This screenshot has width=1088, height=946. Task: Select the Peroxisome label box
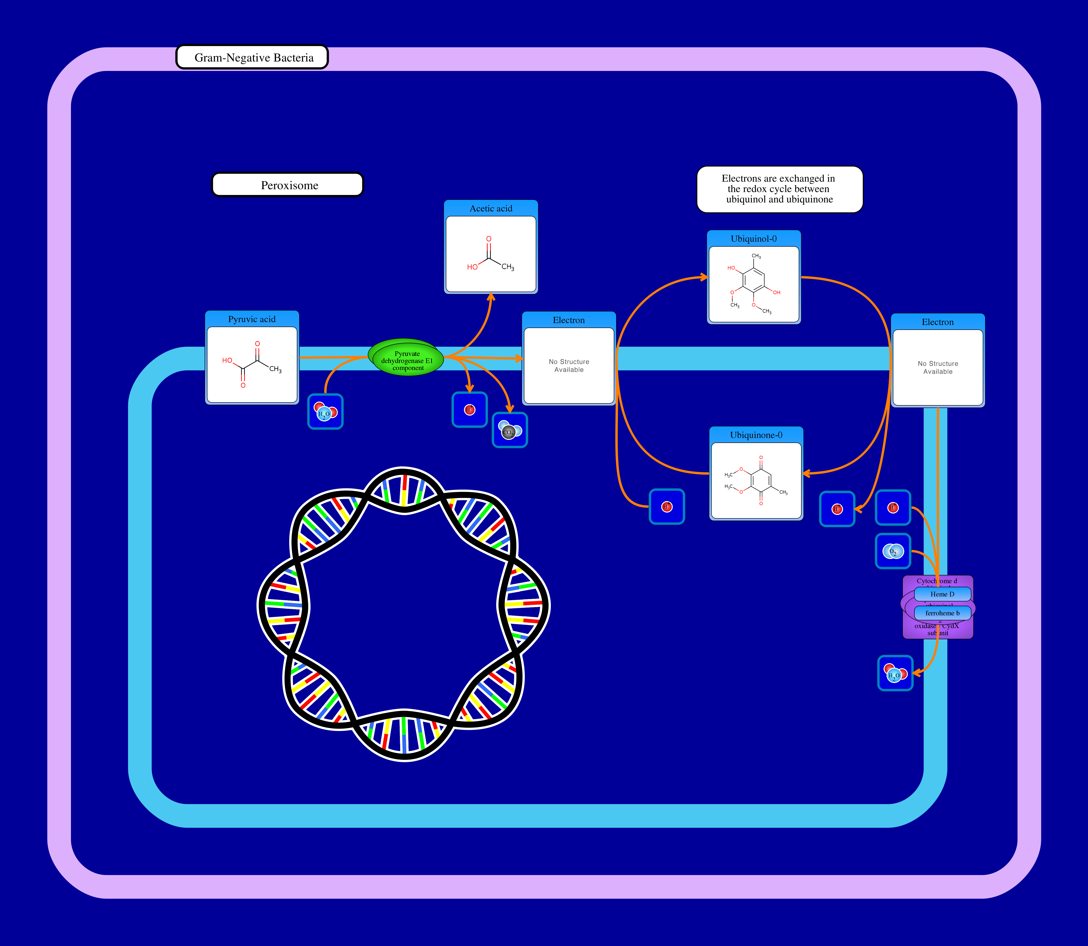[x=288, y=185]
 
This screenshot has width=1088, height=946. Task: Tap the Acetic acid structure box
[x=491, y=253]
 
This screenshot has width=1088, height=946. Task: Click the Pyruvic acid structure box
[x=252, y=364]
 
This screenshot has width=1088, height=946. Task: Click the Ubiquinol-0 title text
[x=753, y=239]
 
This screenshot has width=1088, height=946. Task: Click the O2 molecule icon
[x=893, y=551]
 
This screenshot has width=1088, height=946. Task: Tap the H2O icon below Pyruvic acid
[x=325, y=412]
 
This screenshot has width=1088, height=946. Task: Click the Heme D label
[x=942, y=594]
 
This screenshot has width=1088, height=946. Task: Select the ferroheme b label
[x=942, y=613]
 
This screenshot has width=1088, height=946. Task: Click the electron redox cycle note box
[x=779, y=189]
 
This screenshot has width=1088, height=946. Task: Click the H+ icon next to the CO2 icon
[x=469, y=410]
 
